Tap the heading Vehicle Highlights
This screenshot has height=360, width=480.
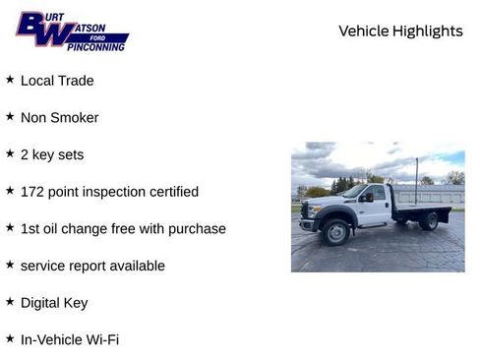400,31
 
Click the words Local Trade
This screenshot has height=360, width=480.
57,81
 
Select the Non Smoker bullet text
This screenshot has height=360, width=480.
59,118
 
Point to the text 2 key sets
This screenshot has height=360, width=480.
52,154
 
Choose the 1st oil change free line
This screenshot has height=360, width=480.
123,228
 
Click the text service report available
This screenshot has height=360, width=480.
92,266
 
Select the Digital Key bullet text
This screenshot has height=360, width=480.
54,303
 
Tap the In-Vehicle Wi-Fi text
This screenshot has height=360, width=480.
70,339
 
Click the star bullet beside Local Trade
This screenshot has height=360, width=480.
10,80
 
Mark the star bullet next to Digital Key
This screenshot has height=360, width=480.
10,302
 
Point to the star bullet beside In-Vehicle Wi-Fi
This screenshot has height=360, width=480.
10,338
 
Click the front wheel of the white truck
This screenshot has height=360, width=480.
336,231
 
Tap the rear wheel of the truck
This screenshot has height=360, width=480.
429,221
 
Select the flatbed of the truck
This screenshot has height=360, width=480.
421,208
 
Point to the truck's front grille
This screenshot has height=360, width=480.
305,211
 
